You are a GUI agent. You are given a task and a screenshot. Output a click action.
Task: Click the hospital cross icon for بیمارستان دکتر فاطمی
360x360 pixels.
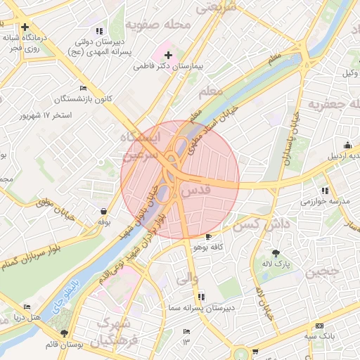point(167,54)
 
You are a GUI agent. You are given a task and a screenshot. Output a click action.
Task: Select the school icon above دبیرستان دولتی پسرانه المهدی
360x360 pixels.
point(99,31)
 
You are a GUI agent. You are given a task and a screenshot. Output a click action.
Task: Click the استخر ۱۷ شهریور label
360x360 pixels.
point(49,115)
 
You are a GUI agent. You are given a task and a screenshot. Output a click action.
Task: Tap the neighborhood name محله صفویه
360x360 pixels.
point(159,25)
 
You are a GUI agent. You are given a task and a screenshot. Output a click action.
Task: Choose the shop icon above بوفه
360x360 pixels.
point(104,211)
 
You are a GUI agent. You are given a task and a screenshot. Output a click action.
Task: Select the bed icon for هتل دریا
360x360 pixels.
point(27,307)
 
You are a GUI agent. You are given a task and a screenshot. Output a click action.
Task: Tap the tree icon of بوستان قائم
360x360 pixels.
point(65,333)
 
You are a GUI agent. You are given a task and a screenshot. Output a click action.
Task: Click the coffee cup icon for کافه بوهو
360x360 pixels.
point(208,236)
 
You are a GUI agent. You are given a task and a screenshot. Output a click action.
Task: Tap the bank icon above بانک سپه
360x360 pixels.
point(320,326)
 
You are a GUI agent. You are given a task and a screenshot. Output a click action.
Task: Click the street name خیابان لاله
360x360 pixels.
point(263,303)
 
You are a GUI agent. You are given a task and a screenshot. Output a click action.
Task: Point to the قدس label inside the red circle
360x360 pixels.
point(196,191)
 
